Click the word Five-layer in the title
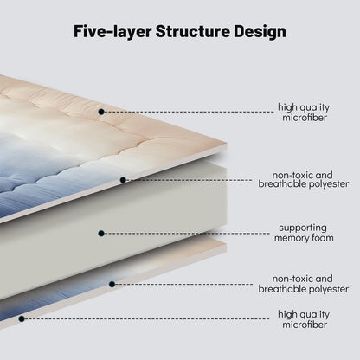coord(112,31)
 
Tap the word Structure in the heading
coord(193,31)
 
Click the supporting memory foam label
coord(304,233)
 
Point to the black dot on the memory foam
coord(101,234)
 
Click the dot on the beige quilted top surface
coord(101,112)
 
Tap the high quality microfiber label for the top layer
coord(304,112)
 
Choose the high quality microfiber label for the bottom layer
coord(304,319)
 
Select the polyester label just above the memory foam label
coord(304,179)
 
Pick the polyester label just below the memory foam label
coord(304,284)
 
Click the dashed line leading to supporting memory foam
coord(187,234)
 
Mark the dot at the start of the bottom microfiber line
coord(22,318)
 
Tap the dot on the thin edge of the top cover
coord(123,180)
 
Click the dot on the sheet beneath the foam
coord(112,285)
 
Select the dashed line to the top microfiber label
coord(189,112)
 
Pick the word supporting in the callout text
coord(303,228)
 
